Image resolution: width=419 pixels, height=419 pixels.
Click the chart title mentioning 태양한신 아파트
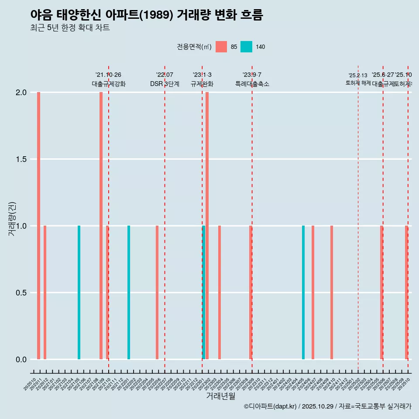click(x=147, y=15)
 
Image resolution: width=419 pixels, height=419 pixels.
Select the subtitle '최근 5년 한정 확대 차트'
click(x=70, y=28)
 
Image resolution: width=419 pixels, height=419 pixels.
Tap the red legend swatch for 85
click(x=221, y=47)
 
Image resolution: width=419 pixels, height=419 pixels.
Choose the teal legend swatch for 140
click(x=246, y=47)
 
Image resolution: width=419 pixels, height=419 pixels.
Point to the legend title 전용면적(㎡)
click(x=194, y=47)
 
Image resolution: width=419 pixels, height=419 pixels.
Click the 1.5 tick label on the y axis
click(x=21, y=159)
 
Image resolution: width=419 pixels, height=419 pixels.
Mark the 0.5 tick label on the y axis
click(x=21, y=292)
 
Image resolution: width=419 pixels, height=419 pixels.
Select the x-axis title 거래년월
click(x=220, y=396)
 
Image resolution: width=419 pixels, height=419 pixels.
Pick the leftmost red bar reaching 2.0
click(x=38, y=226)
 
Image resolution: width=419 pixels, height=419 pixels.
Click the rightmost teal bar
click(x=303, y=292)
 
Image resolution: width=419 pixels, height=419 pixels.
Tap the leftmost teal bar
click(x=79, y=292)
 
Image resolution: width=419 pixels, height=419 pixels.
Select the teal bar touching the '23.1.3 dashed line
click(x=203, y=292)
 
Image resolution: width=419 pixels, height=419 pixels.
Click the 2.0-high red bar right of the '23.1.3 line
click(x=207, y=226)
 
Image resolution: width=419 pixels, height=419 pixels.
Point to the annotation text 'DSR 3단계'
click(x=165, y=84)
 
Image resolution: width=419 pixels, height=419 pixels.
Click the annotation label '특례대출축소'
click(x=252, y=84)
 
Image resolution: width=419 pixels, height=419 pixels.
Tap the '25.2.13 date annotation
click(x=358, y=76)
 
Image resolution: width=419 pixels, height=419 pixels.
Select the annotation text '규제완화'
click(x=202, y=84)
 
